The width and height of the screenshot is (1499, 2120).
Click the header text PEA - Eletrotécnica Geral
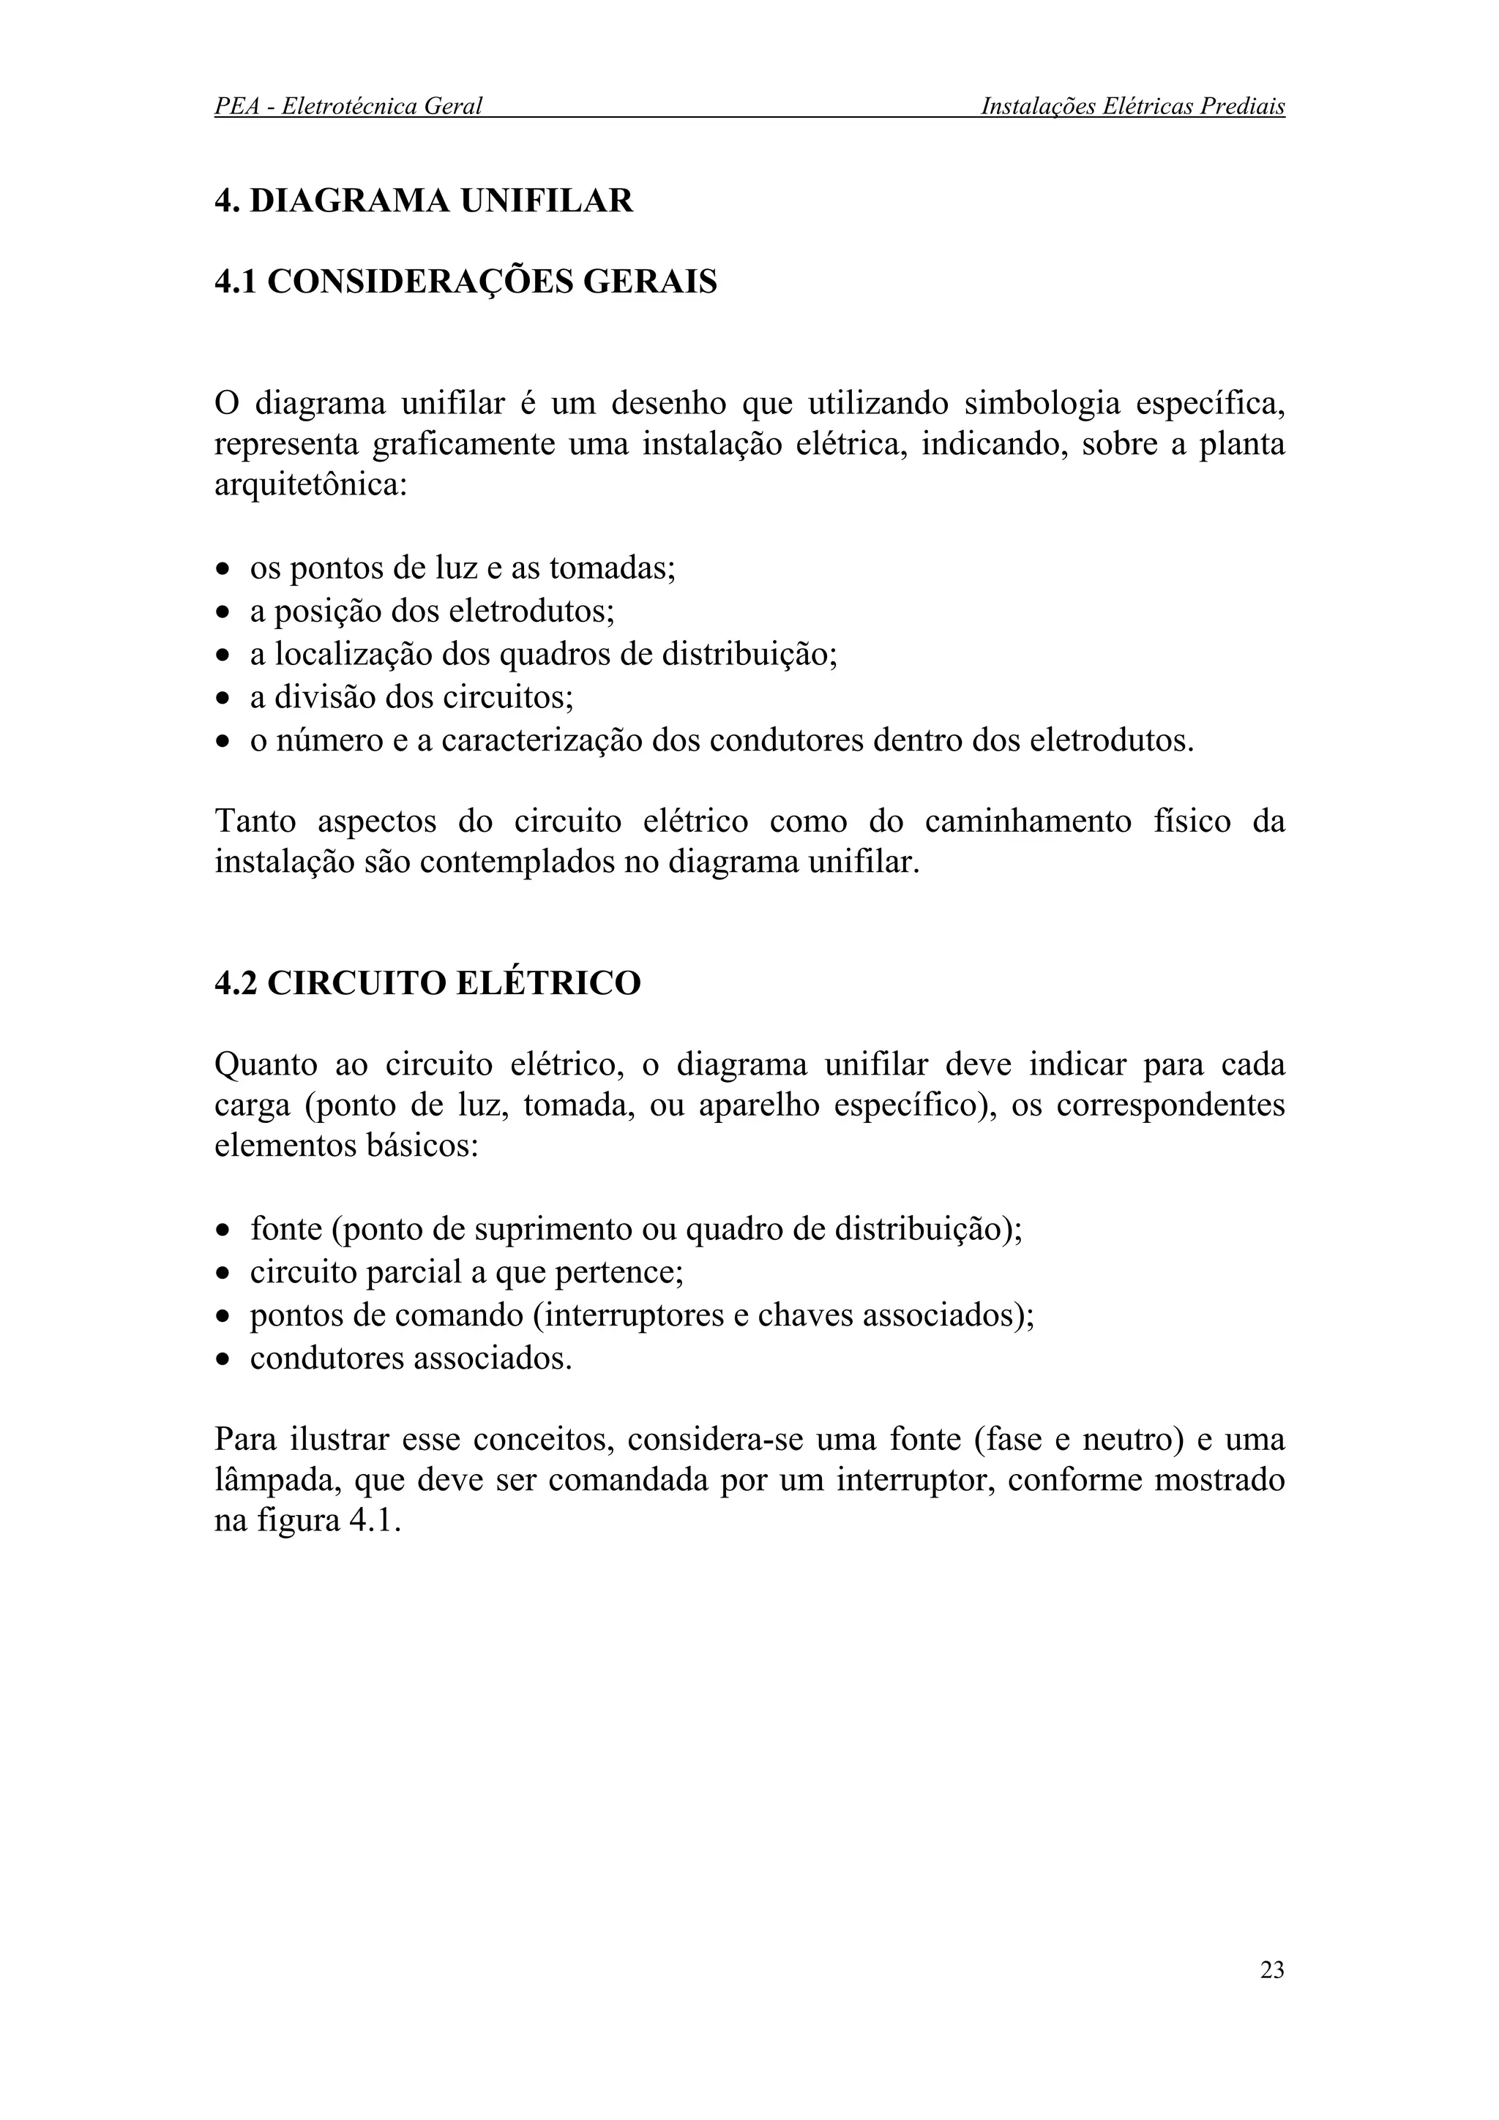tap(348, 106)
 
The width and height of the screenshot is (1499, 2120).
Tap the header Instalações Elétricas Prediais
tap(1132, 106)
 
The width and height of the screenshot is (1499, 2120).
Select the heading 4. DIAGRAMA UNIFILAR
tap(424, 200)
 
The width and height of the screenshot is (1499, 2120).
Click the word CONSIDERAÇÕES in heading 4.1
tap(419, 281)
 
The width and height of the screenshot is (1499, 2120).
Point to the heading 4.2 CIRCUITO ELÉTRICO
tap(427, 982)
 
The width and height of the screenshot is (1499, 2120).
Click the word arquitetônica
tap(310, 484)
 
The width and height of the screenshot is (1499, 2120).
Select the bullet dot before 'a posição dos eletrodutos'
tap(222, 612)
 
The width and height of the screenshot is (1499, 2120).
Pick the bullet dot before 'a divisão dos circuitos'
tap(222, 699)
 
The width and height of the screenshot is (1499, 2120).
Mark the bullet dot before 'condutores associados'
tap(222, 1360)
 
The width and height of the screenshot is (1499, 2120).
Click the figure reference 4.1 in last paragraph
tap(374, 1521)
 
